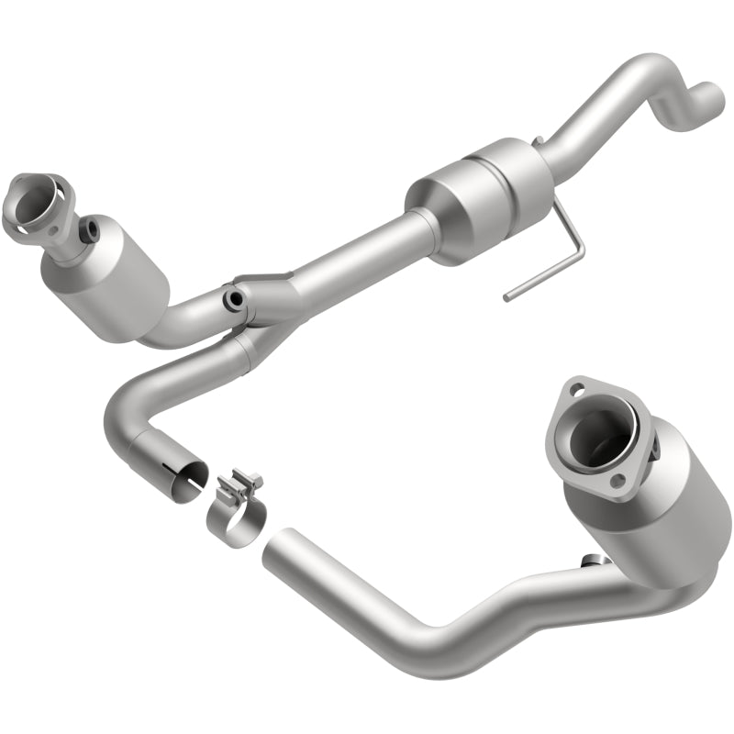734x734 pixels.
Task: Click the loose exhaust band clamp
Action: point(237,514)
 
